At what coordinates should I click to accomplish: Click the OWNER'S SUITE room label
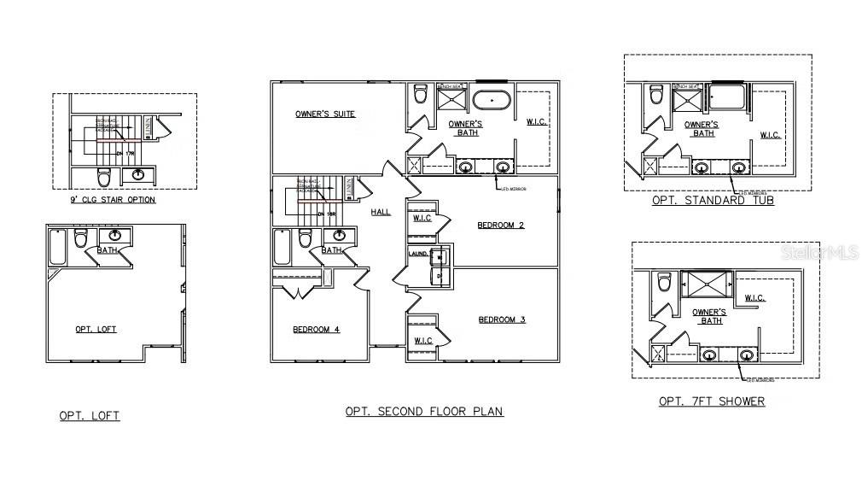[x=325, y=114]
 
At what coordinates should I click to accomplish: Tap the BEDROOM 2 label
[x=500, y=226]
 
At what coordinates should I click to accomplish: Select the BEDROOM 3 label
[x=501, y=319]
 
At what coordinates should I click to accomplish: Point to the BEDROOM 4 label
[x=316, y=329]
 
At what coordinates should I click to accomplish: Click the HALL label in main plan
[x=381, y=212]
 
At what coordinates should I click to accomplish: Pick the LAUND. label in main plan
[x=417, y=254]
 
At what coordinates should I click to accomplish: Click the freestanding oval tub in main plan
[x=492, y=101]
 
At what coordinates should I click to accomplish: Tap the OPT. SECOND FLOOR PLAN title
[x=424, y=411]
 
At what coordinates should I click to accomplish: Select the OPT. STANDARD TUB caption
[x=713, y=200]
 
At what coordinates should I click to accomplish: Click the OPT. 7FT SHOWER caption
[x=712, y=401]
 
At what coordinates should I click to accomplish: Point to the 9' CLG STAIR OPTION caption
[x=113, y=200]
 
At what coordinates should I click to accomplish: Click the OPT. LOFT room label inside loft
[x=96, y=329]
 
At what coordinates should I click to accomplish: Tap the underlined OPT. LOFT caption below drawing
[x=89, y=416]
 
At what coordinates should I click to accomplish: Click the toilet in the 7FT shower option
[x=663, y=284]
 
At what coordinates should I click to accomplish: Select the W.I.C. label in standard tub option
[x=769, y=135]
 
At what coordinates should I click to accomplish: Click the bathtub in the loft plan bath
[x=58, y=246]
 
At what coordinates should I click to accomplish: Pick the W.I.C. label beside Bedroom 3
[x=422, y=341]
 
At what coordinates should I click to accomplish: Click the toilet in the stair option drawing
[x=104, y=178]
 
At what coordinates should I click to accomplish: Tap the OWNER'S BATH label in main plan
[x=465, y=128]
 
